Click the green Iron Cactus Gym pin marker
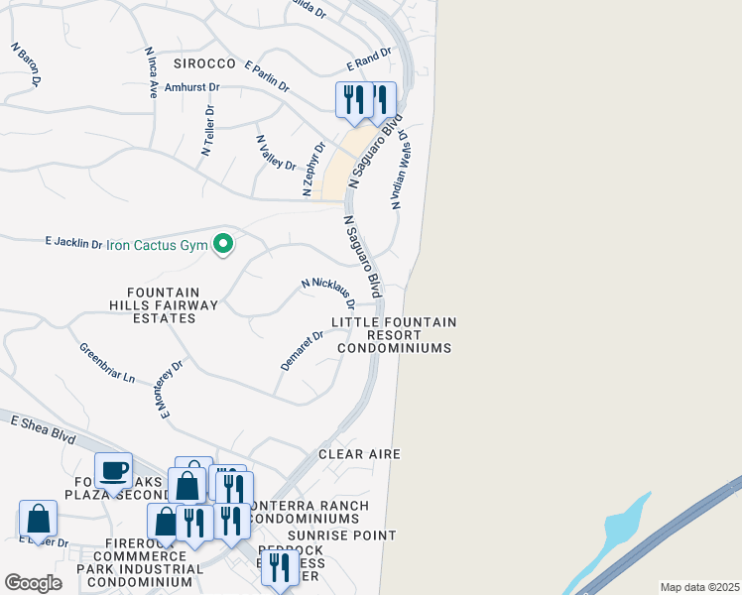pos(224,243)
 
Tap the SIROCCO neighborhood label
pos(205,63)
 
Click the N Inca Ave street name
pos(152,72)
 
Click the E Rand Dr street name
pos(363,60)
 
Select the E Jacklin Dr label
pos(74,242)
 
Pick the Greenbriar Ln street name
pos(107,363)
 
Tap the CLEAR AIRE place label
pos(359,454)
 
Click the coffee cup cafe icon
pos(114,470)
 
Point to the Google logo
pos(33,583)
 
